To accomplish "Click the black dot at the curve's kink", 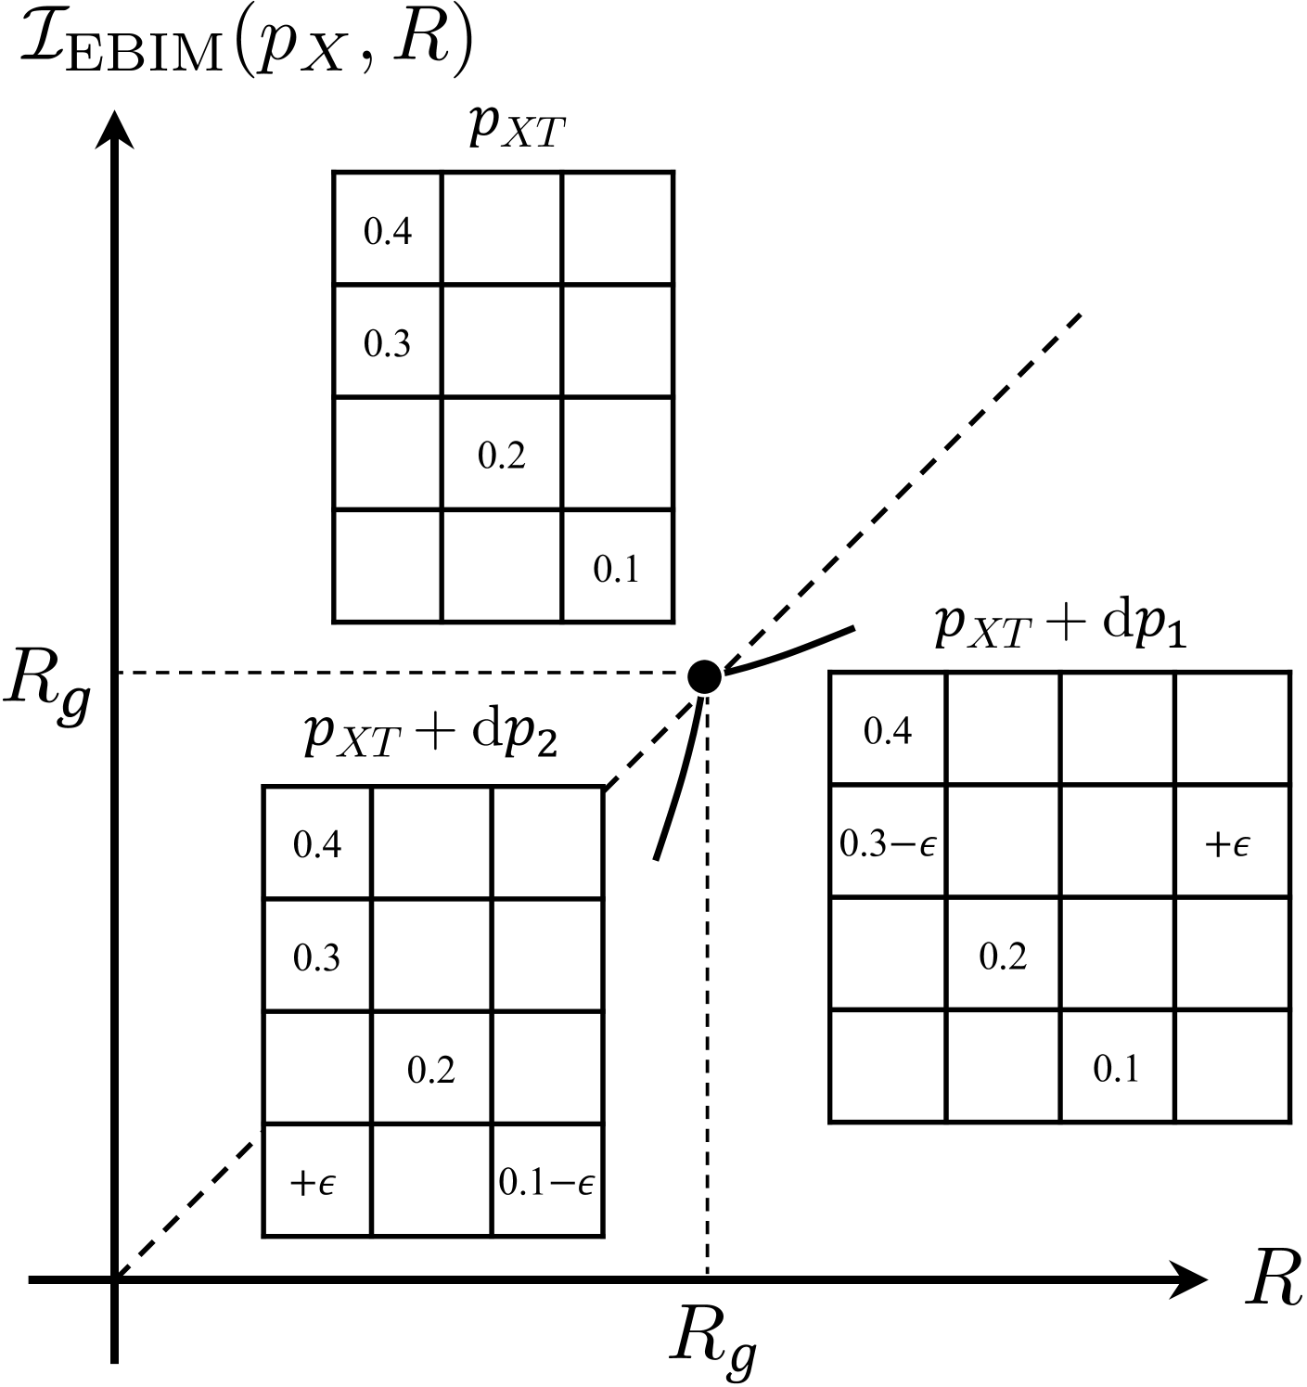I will pos(705,676).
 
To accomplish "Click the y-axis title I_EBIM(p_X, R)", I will pos(246,47).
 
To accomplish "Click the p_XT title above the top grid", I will pos(516,129).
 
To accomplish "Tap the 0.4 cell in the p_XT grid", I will pos(388,230).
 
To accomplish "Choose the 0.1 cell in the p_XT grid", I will pos(617,567).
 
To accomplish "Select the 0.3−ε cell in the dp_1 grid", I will pos(889,842).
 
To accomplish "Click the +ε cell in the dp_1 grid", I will pos(1231,842).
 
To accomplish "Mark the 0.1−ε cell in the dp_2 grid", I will pos(547,1181).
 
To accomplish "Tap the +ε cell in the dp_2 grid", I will pos(317,1181).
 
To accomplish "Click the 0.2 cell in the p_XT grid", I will pos(502,455).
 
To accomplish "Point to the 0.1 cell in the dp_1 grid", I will pos(1117,1068).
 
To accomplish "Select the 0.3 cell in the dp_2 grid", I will pos(317,957).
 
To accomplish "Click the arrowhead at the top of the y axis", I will pos(113,130).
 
